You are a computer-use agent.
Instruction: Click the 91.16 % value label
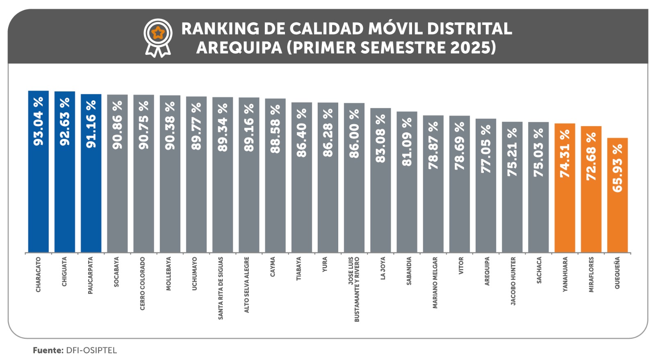coord(91,124)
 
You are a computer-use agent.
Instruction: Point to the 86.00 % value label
coord(354,134)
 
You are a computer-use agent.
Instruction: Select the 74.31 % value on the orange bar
coord(565,154)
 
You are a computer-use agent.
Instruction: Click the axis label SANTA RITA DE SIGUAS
coord(221,288)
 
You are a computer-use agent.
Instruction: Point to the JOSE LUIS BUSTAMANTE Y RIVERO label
coord(354,289)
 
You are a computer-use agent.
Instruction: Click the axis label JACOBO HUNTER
coord(513,281)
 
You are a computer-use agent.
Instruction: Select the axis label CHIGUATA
coord(64,272)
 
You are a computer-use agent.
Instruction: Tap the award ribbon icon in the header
coord(158,38)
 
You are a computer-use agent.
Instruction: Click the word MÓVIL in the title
coord(395,29)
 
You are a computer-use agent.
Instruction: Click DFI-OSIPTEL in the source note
coord(91,351)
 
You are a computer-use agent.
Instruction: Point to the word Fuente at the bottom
coord(48,351)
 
